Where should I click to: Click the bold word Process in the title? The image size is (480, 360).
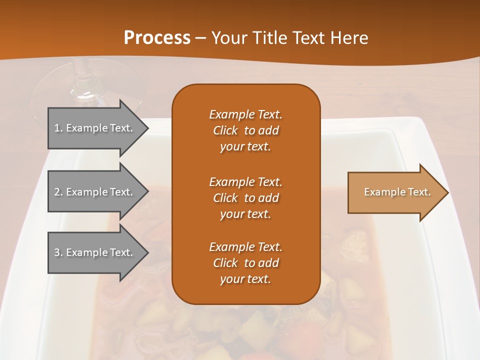point(157,38)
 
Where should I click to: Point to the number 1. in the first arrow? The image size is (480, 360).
point(58,128)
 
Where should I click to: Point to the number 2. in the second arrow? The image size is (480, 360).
point(58,192)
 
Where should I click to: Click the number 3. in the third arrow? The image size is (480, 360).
point(58,252)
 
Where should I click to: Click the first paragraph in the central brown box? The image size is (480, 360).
point(245,130)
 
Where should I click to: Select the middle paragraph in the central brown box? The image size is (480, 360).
point(245,198)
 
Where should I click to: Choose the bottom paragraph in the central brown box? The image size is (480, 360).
point(245,263)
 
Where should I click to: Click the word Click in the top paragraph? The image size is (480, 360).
point(225,131)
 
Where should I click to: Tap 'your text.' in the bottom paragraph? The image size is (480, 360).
point(245,279)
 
